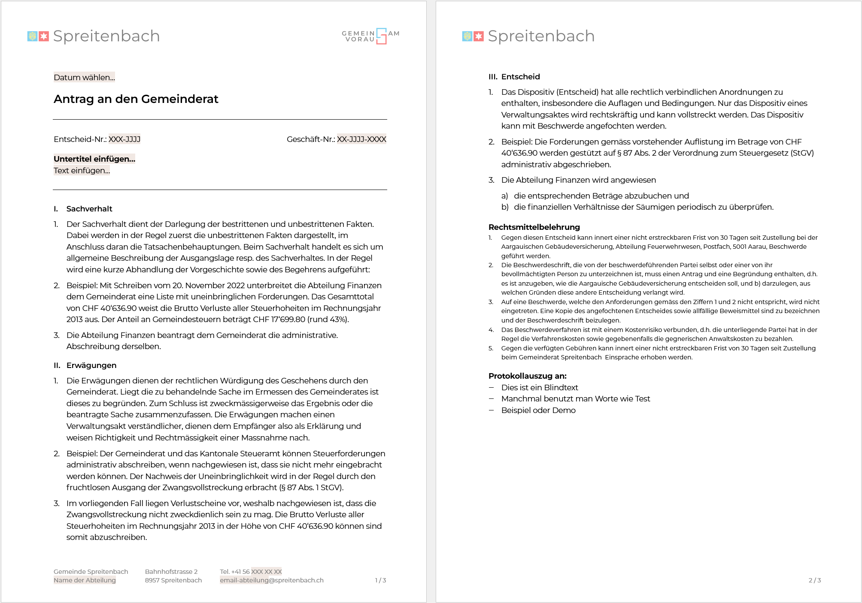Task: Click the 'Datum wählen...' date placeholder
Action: click(x=84, y=77)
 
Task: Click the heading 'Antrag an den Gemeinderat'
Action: click(x=136, y=99)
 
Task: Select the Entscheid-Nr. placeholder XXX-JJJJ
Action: click(x=124, y=139)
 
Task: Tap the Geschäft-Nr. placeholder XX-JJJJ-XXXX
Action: click(x=361, y=139)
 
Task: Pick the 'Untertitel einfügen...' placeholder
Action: click(x=94, y=159)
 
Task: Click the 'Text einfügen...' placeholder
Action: click(x=82, y=170)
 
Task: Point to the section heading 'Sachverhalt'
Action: click(x=89, y=209)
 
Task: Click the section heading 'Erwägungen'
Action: click(x=91, y=365)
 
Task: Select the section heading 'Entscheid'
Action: click(x=520, y=77)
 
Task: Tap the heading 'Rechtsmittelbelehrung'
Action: click(x=534, y=227)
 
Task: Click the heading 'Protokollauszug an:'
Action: click(x=527, y=376)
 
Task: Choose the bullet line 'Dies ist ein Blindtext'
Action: click(x=539, y=388)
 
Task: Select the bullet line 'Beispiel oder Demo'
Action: click(x=538, y=410)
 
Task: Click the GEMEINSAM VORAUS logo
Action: click(x=370, y=36)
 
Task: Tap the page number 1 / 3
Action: click(x=380, y=580)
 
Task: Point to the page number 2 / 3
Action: click(x=814, y=580)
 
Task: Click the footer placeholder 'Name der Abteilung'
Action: click(x=85, y=580)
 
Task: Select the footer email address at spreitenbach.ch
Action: click(x=271, y=580)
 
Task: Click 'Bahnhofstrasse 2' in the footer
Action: click(x=171, y=572)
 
